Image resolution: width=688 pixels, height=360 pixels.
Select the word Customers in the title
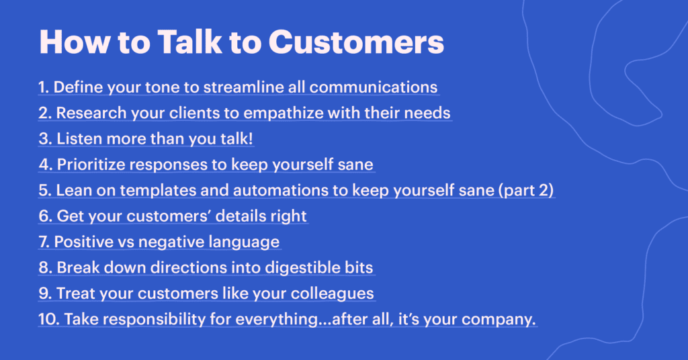(356, 42)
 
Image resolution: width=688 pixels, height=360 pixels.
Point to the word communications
(374, 87)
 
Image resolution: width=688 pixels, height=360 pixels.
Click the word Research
(87, 113)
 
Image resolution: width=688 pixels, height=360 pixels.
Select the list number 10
(48, 319)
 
